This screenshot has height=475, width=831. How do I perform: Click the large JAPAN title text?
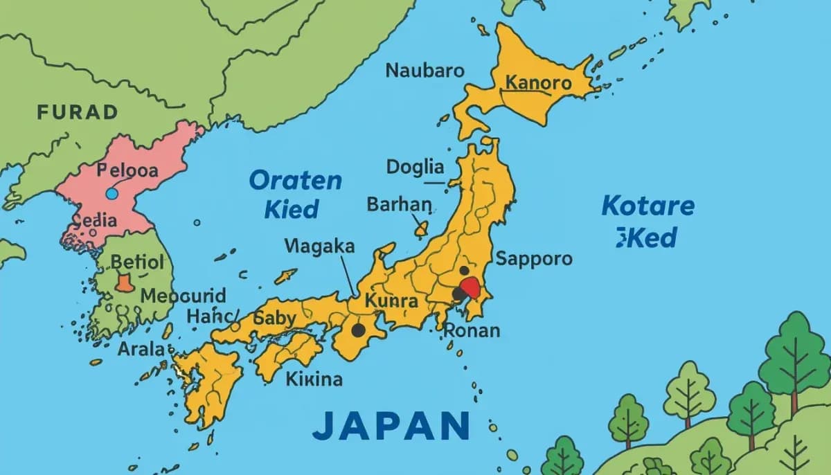click(391, 425)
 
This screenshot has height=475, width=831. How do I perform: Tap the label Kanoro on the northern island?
click(539, 84)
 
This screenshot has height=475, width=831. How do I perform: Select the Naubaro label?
click(425, 71)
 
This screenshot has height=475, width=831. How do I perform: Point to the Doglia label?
click(415, 167)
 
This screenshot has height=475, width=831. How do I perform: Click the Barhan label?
click(399, 204)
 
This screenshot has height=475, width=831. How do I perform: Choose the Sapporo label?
click(534, 259)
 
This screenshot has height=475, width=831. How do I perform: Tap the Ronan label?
click(472, 330)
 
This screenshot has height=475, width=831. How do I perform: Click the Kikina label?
click(314, 379)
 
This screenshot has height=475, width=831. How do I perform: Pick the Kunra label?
click(391, 301)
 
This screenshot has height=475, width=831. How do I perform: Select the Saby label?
click(275, 319)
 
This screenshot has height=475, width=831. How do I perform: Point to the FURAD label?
click(78, 111)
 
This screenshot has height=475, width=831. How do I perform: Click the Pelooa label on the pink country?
click(127, 170)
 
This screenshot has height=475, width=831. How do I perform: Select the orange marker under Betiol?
click(124, 283)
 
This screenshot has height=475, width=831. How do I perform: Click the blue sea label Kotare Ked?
click(647, 222)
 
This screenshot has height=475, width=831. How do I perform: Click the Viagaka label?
click(319, 246)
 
